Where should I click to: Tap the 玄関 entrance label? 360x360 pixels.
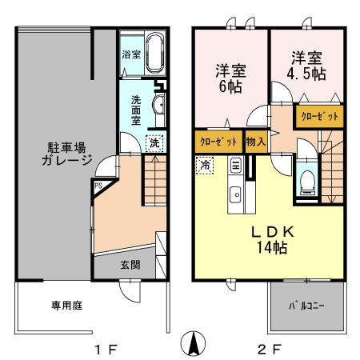[x=131, y=264]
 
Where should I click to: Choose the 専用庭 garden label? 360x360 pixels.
[x=45, y=305]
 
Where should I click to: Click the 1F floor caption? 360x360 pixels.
[x=106, y=349]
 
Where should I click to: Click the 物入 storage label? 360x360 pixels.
[x=256, y=140]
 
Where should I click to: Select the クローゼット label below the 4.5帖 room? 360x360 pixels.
[x=320, y=115]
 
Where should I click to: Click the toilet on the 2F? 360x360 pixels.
[x=304, y=184]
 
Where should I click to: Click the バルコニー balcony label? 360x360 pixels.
[x=307, y=306]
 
